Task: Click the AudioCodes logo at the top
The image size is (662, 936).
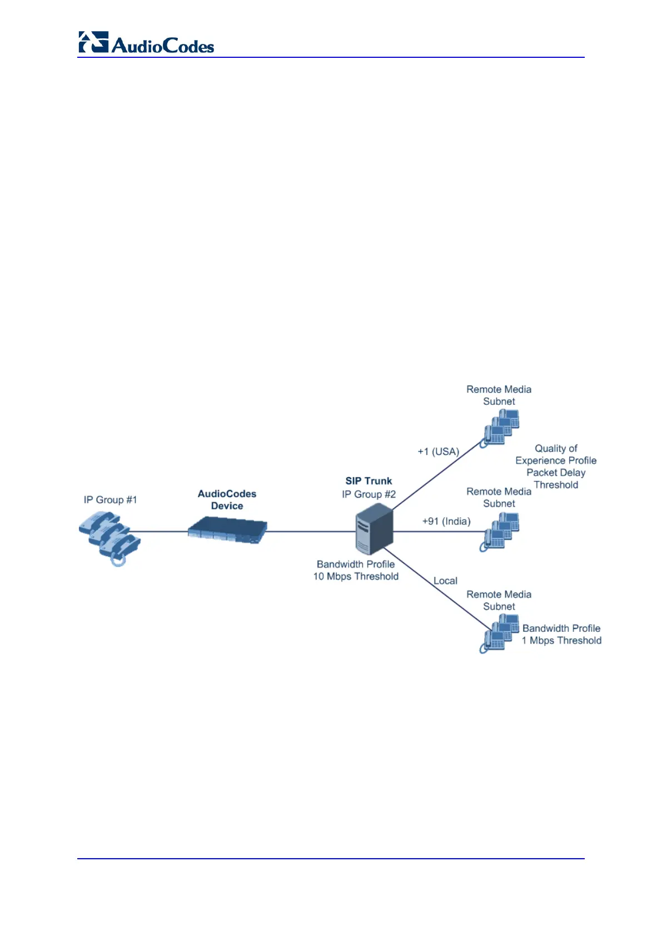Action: (x=146, y=43)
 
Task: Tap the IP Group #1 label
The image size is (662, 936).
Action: (x=110, y=499)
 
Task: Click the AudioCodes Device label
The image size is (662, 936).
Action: (x=227, y=499)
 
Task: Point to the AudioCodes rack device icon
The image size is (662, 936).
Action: (x=227, y=530)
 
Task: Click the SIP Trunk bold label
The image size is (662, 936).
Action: (x=369, y=481)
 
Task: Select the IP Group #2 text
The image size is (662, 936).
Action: (x=369, y=494)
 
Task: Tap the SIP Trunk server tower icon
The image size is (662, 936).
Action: (x=374, y=528)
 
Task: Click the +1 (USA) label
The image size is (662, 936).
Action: (x=439, y=451)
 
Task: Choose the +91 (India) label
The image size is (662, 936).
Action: (x=446, y=521)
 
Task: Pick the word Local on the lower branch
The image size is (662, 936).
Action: (x=445, y=581)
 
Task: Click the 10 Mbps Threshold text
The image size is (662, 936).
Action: (x=356, y=576)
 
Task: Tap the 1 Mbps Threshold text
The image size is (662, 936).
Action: (x=561, y=640)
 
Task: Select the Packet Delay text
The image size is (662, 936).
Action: (x=556, y=472)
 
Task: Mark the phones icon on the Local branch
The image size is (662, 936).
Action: (x=500, y=633)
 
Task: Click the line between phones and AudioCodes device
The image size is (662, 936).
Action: (x=161, y=532)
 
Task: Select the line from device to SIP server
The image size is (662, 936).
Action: (x=311, y=532)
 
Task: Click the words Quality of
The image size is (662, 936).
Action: (x=556, y=448)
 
